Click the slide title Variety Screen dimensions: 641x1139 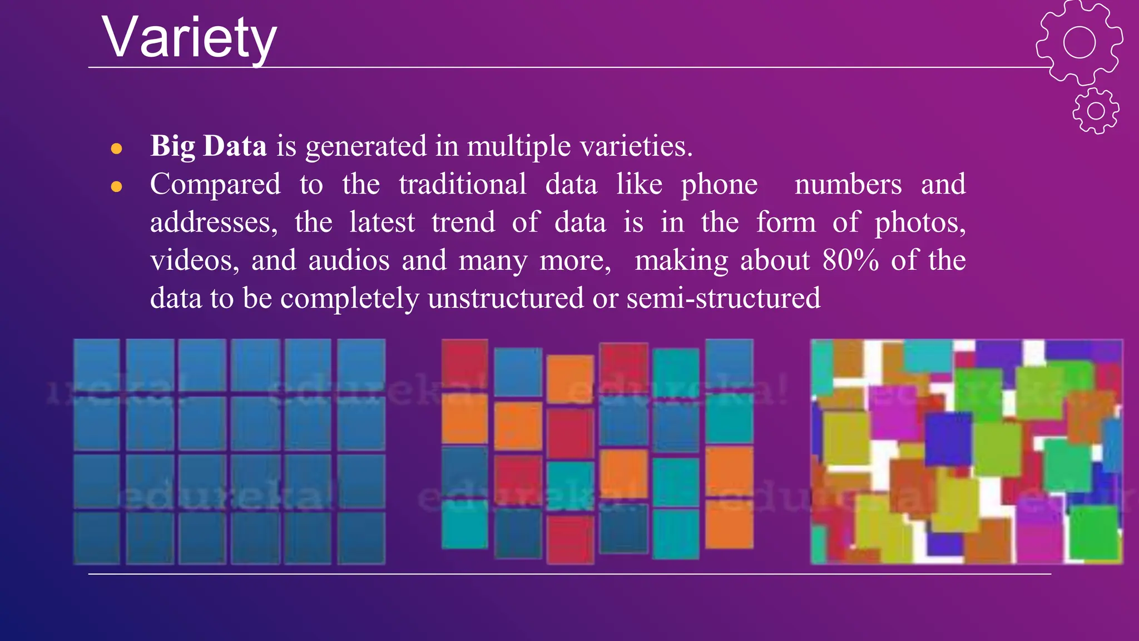point(189,38)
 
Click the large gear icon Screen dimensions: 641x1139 point(1079,42)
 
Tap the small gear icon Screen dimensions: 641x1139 point(1096,111)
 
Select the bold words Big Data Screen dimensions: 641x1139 point(209,146)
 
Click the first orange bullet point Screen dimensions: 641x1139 point(116,149)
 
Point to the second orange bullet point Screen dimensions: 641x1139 point(116,186)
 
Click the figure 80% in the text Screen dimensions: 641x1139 point(850,260)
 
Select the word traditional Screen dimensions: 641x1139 point(462,184)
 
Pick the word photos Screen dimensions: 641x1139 point(920,223)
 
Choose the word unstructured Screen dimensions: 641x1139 point(506,298)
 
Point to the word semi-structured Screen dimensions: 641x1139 point(723,298)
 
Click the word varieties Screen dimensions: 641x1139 point(636,146)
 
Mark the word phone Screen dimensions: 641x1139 point(719,185)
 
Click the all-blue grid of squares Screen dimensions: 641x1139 point(229,451)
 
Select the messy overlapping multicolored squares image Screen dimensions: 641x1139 point(966,451)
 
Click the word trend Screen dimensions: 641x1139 point(463,223)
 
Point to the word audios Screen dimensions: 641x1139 point(349,260)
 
